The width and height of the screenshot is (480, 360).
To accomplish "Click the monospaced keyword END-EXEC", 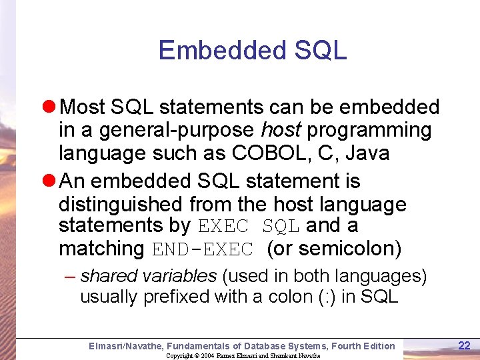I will (203, 250).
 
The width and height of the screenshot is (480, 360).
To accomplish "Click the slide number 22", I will (464, 345).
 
